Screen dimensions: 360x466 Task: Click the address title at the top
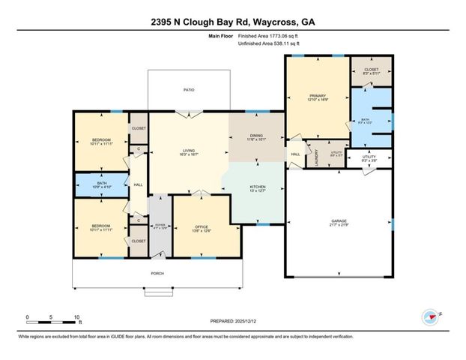232,22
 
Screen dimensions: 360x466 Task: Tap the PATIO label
190,90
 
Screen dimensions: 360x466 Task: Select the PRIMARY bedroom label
315,95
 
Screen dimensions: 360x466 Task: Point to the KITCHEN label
257,187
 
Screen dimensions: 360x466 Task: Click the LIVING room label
188,149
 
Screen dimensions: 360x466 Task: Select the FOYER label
160,225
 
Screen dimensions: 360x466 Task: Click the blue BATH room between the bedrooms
100,184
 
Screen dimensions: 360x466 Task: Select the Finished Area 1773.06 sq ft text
268,35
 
